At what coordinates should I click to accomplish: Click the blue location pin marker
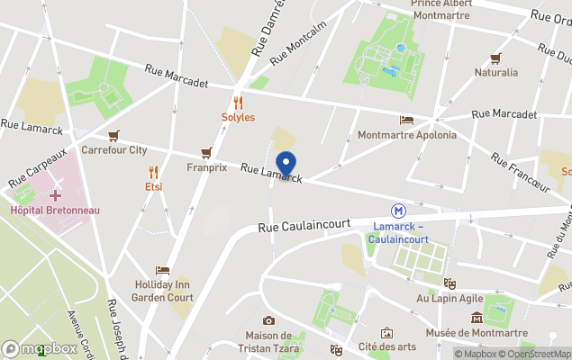click(286, 164)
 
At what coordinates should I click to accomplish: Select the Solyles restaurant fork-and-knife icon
click(238, 103)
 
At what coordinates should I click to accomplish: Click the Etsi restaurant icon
click(153, 172)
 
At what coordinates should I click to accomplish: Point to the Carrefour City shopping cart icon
click(113, 136)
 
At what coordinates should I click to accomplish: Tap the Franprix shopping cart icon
click(206, 153)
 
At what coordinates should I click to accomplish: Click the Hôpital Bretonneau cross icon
click(55, 194)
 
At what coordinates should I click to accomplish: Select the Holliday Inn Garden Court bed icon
click(162, 269)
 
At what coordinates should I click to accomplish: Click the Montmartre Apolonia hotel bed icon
click(406, 120)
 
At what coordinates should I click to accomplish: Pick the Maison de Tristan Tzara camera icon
click(268, 321)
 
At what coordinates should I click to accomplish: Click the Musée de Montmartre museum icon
click(477, 318)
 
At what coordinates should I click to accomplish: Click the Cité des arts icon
click(386, 332)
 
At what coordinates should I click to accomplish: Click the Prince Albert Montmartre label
click(441, 9)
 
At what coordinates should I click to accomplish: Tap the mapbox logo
click(40, 348)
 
